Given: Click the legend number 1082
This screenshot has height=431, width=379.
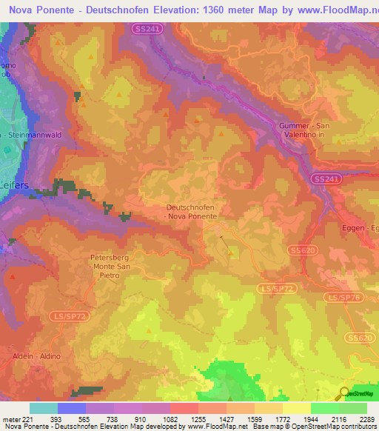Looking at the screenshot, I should [x=170, y=418].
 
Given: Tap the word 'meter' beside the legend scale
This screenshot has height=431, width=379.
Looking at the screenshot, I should [x=10, y=418].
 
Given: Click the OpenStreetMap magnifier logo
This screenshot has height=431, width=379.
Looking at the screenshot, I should [x=343, y=393].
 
